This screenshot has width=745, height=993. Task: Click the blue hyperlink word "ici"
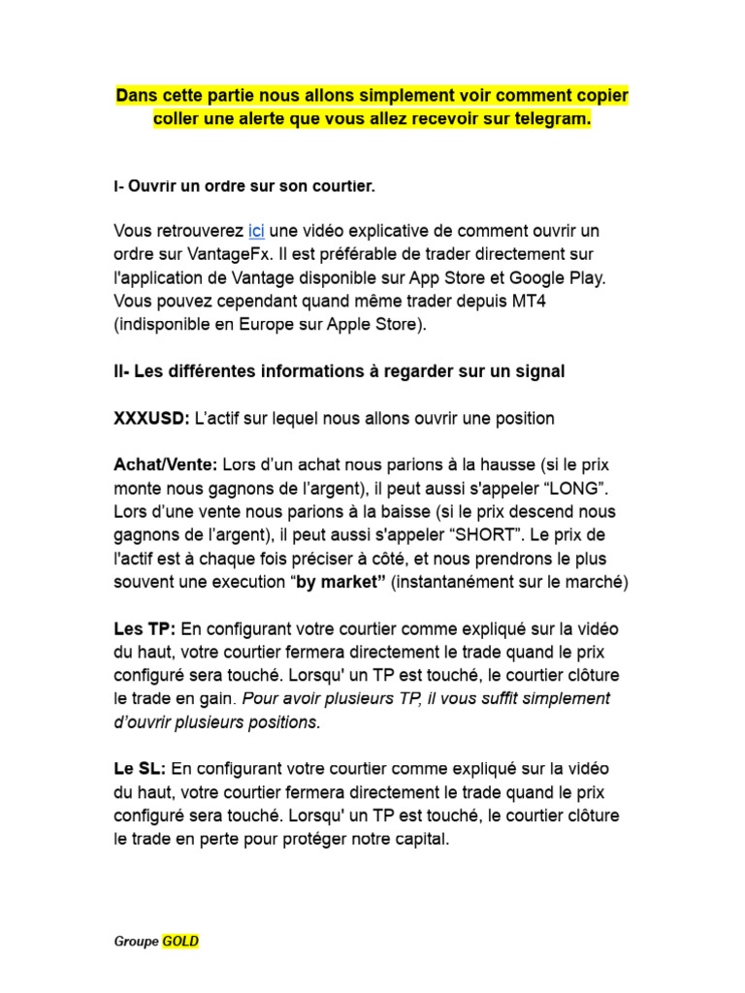tap(256, 231)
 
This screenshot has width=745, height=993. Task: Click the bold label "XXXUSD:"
tap(151, 418)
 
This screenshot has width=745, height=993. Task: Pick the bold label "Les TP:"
tap(145, 628)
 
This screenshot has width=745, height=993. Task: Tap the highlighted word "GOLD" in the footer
tap(180, 941)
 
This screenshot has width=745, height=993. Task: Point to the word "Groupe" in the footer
tap(136, 941)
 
